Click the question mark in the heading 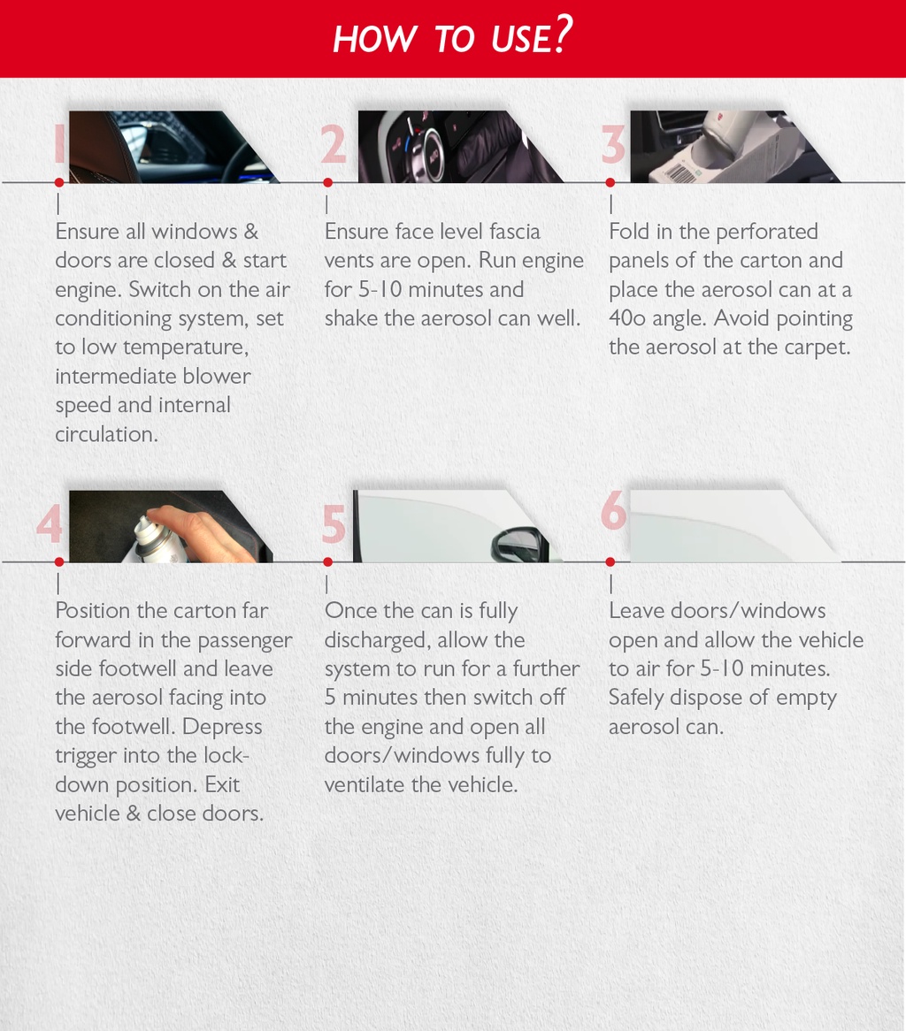point(564,34)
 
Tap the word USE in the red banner point(519,39)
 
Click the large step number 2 point(334,145)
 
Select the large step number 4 point(50,524)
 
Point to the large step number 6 point(613,509)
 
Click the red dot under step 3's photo point(610,182)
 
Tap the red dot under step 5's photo point(327,561)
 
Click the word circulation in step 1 point(106,434)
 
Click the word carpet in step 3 point(818,347)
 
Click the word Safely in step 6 point(636,699)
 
